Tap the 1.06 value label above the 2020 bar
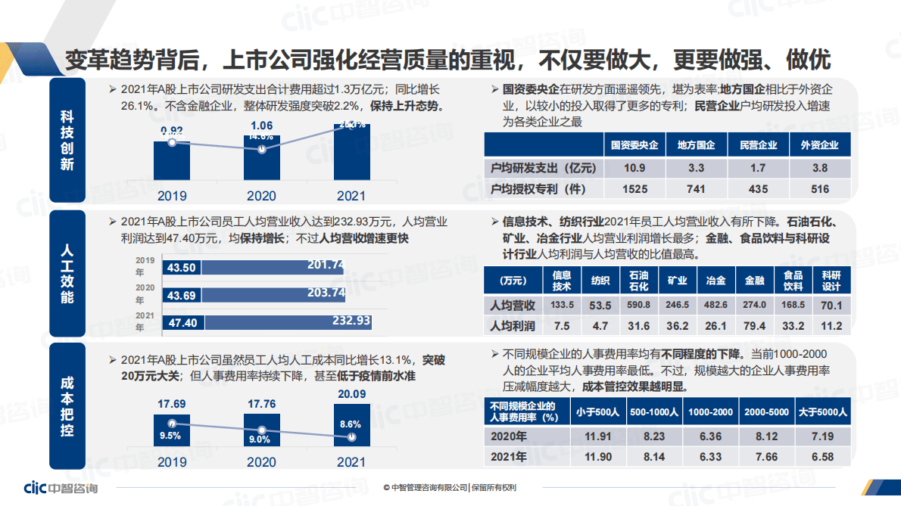(262, 125)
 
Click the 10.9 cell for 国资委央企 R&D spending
(634, 168)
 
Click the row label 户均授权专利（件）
(538, 189)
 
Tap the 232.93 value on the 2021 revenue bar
(351, 321)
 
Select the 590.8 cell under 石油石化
(638, 305)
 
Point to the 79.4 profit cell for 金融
(754, 326)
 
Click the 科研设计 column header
(831, 281)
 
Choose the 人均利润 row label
(513, 326)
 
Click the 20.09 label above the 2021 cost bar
(351, 393)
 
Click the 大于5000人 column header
(823, 412)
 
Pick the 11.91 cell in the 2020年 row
(597, 436)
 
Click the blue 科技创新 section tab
(67, 140)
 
